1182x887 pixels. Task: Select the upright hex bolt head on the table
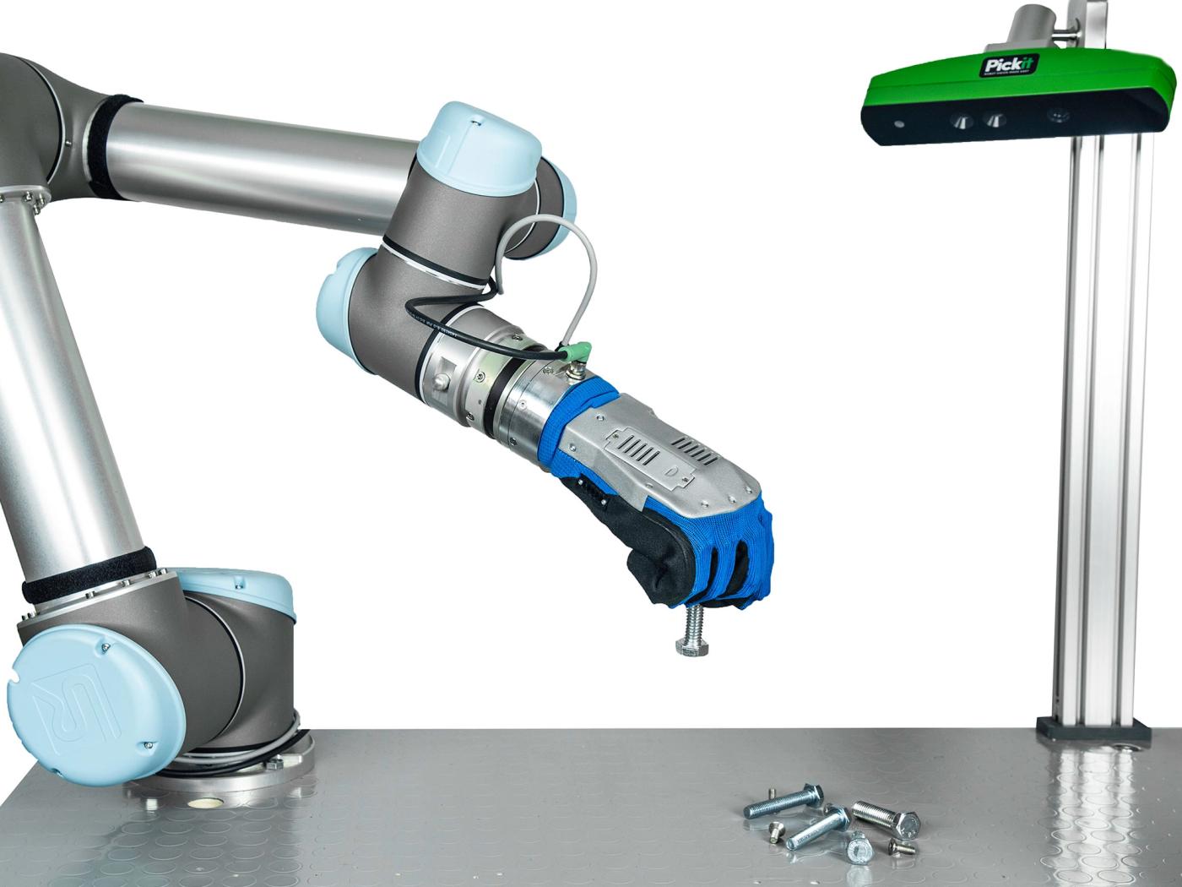pyautogui.click(x=859, y=846)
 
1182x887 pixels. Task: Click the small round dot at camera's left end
pyautogui.click(x=897, y=124)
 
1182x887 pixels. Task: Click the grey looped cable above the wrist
pyautogui.click(x=549, y=253)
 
